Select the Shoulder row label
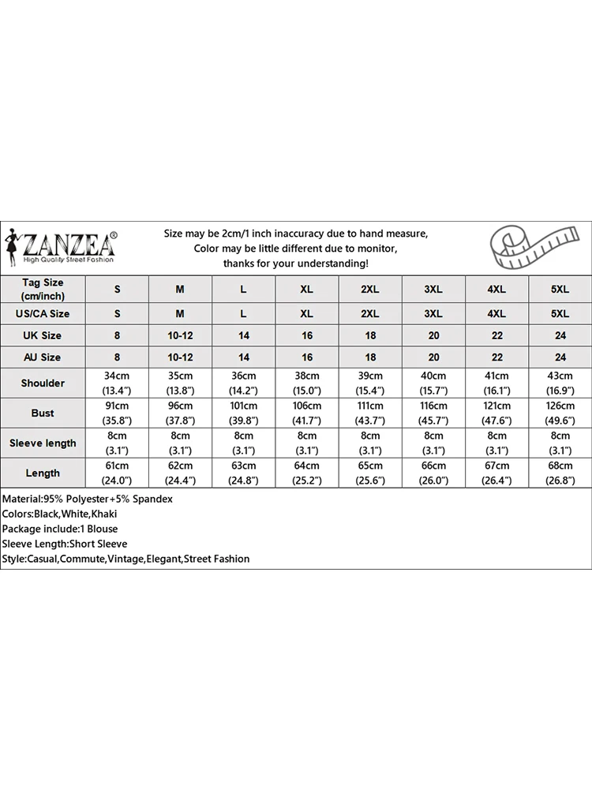[x=43, y=383]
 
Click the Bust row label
[x=43, y=413]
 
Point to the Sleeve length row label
[x=43, y=443]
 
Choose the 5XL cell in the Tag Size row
[x=560, y=290]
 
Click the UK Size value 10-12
[x=181, y=335]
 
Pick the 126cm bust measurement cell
[x=560, y=413]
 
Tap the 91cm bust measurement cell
[x=118, y=413]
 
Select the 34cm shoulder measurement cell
[x=118, y=383]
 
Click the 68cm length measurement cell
[x=560, y=473]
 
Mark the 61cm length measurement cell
[x=118, y=473]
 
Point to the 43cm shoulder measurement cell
[x=560, y=383]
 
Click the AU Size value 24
[x=560, y=357]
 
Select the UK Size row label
[x=43, y=335]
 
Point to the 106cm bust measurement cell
[x=307, y=413]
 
